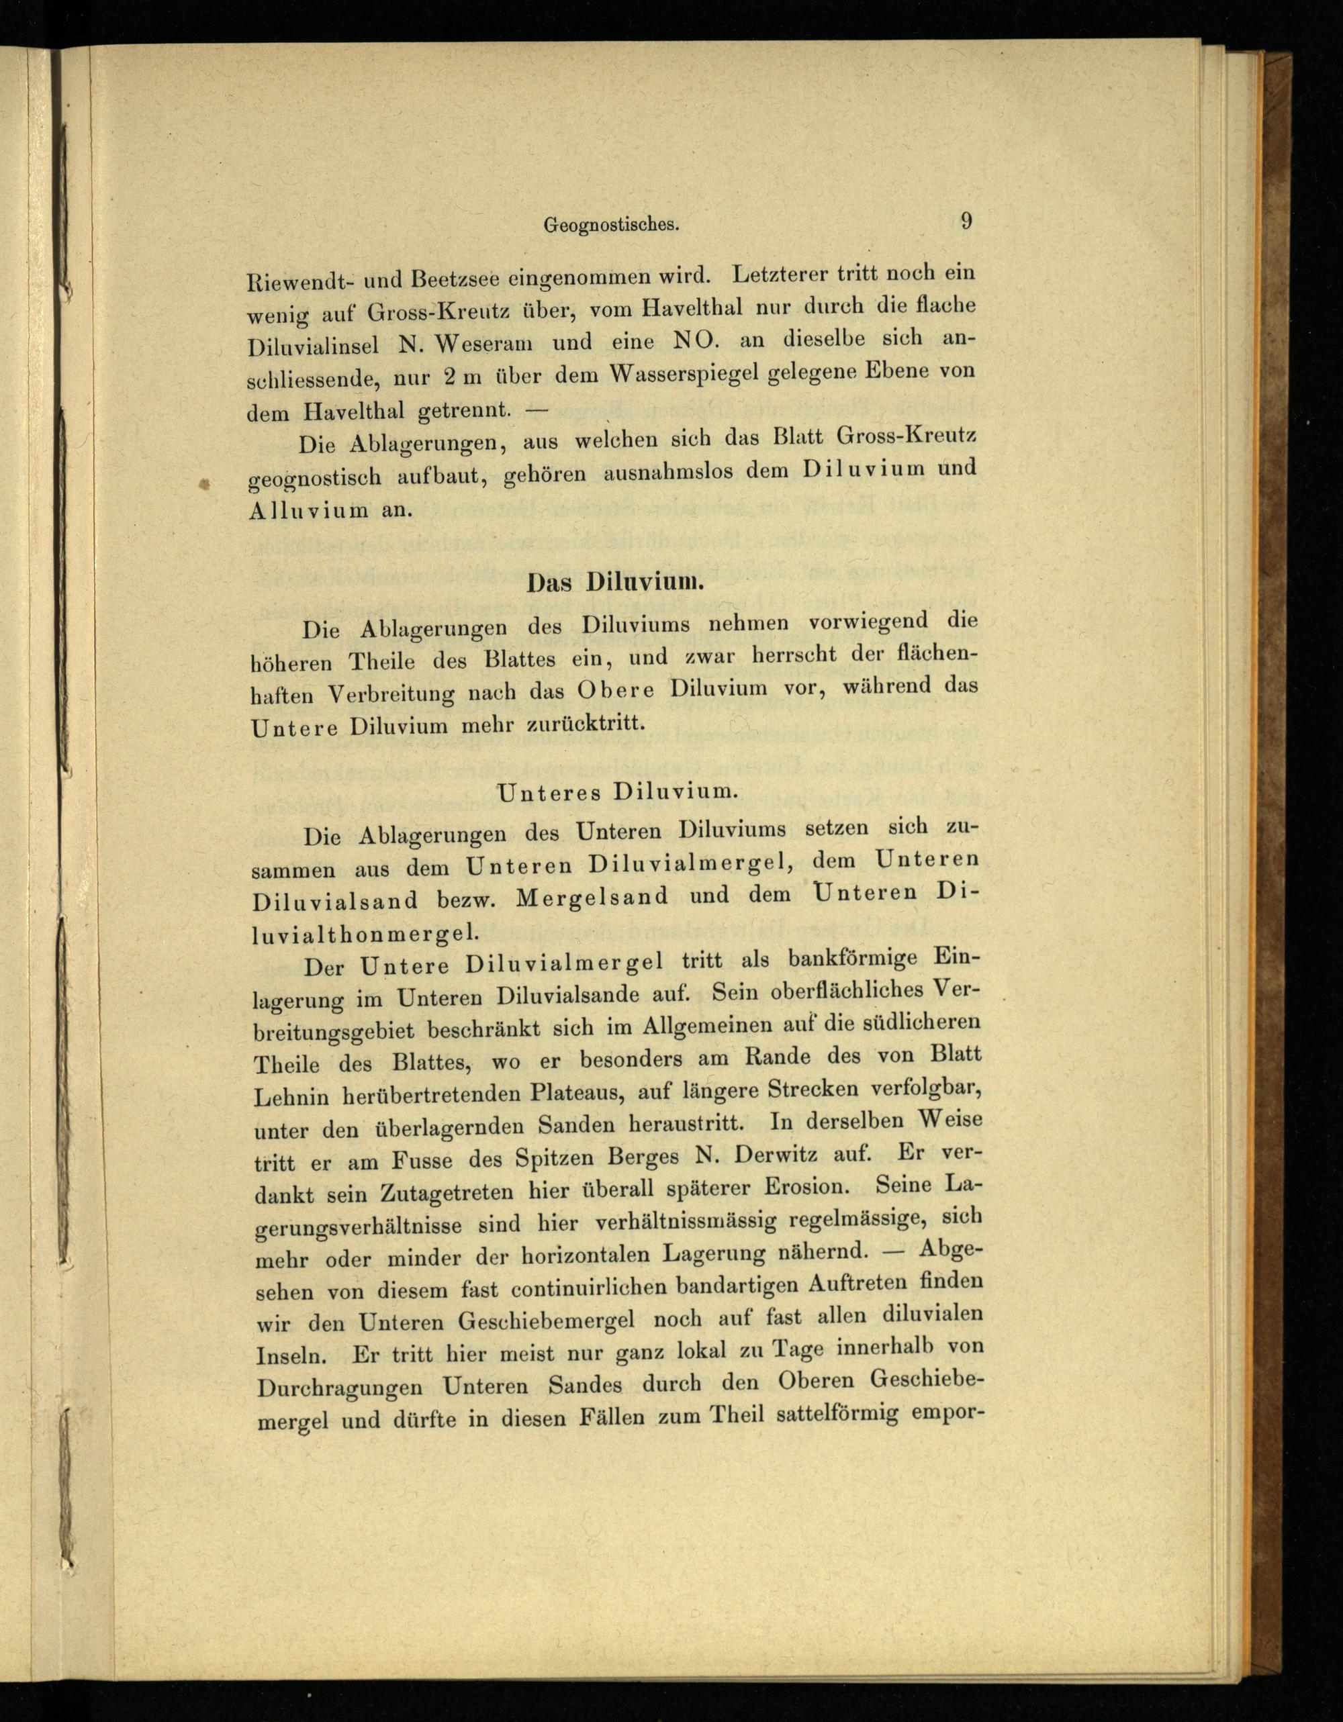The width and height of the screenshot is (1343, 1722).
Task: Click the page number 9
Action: point(966,221)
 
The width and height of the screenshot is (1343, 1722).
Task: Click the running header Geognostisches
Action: point(611,225)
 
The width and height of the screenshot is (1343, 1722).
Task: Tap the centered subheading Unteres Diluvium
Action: point(618,792)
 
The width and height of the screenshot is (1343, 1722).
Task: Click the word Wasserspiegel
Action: point(684,375)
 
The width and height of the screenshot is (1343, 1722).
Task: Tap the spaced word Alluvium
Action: point(308,511)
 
